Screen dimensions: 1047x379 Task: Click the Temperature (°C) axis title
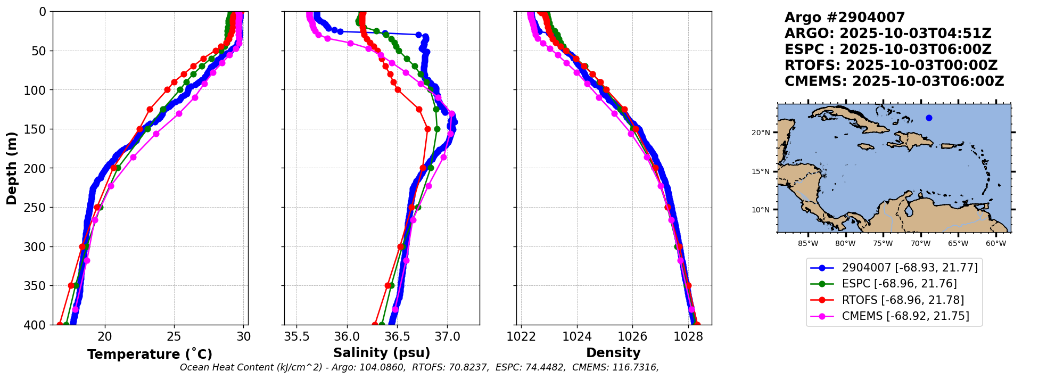click(x=150, y=354)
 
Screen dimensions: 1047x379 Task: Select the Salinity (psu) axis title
click(x=382, y=353)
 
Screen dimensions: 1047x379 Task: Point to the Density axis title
click(x=613, y=353)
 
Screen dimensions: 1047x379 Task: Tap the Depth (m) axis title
click(x=12, y=168)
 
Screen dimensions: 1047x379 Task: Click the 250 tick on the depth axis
click(x=38, y=208)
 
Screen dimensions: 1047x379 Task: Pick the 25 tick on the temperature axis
click(x=174, y=336)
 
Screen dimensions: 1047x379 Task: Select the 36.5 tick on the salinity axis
click(x=397, y=336)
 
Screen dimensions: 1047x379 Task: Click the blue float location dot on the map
click(x=929, y=118)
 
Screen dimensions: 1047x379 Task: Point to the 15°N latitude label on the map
click(x=761, y=171)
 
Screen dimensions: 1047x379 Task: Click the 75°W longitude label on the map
click(x=883, y=244)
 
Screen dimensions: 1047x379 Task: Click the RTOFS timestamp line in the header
click(x=891, y=65)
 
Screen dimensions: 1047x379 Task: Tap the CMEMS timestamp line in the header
click(x=894, y=81)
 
